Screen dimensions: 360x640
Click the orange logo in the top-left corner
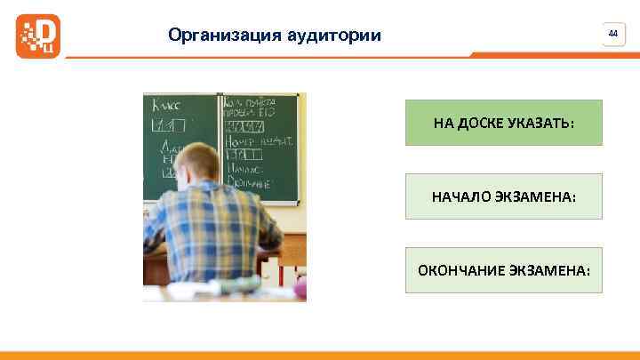point(38,36)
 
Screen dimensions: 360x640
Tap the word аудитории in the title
point(335,36)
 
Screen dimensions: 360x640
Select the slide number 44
point(612,33)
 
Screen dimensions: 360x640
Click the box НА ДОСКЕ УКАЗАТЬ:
point(503,122)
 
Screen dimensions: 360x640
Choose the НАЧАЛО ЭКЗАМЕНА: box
point(503,196)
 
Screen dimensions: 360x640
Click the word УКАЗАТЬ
point(543,122)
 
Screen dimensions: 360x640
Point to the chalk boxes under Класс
point(169,124)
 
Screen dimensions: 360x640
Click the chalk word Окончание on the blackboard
point(249,180)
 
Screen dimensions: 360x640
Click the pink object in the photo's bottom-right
point(300,286)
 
